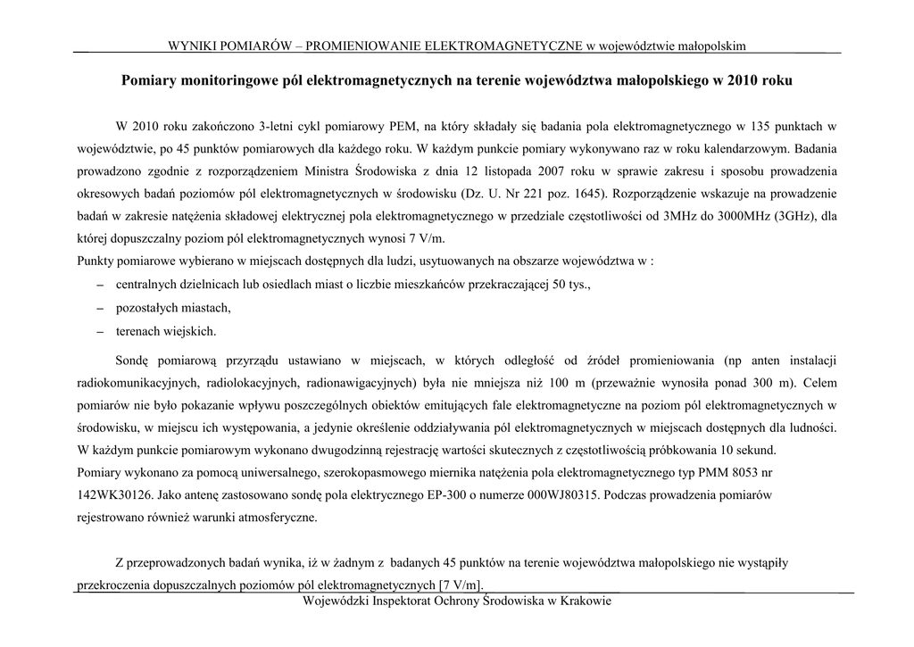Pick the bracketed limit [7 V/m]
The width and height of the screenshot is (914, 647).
coord(460,585)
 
